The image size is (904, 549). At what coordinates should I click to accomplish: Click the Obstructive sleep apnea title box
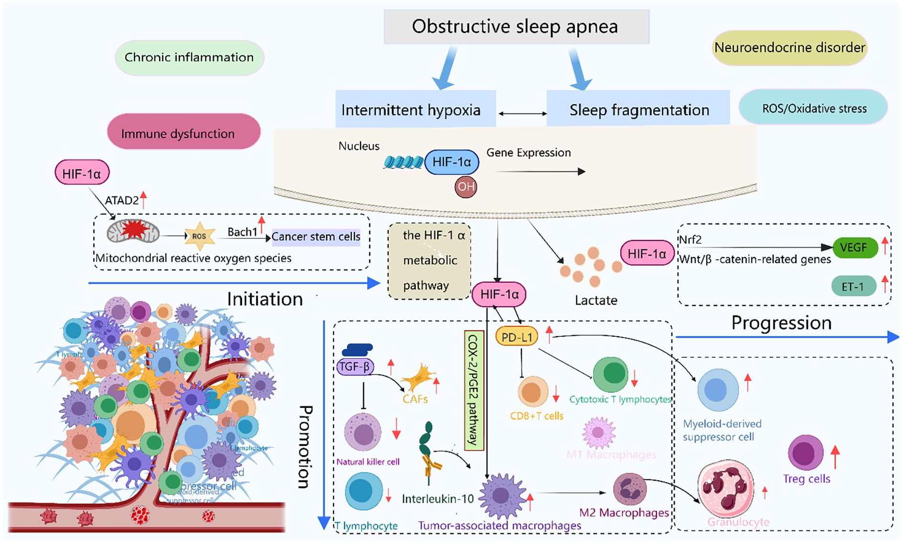[516, 27]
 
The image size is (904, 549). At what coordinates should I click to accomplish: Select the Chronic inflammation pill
[189, 57]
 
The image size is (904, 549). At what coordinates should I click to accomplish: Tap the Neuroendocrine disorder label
[790, 48]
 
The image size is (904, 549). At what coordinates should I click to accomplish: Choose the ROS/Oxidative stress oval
[814, 108]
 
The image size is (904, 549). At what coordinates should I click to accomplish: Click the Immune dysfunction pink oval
[184, 133]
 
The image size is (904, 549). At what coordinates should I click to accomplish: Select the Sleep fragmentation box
[639, 110]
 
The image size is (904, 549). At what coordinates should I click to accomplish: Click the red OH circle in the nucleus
[465, 186]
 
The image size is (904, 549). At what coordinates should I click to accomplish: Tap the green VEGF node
[855, 248]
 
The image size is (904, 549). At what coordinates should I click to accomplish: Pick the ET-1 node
[853, 286]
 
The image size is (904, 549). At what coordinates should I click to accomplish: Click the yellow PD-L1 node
[517, 337]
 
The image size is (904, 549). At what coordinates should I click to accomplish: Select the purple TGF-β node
[354, 366]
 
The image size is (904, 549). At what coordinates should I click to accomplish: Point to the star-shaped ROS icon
[199, 236]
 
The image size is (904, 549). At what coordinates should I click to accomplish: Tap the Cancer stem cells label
[316, 237]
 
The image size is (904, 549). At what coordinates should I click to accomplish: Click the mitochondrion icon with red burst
[133, 231]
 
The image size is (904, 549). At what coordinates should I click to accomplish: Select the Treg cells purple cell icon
[805, 452]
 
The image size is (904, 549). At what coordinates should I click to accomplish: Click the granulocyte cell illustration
[726, 489]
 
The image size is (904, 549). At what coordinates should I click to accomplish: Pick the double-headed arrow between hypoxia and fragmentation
[522, 114]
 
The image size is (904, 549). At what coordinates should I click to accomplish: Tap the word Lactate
[595, 300]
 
